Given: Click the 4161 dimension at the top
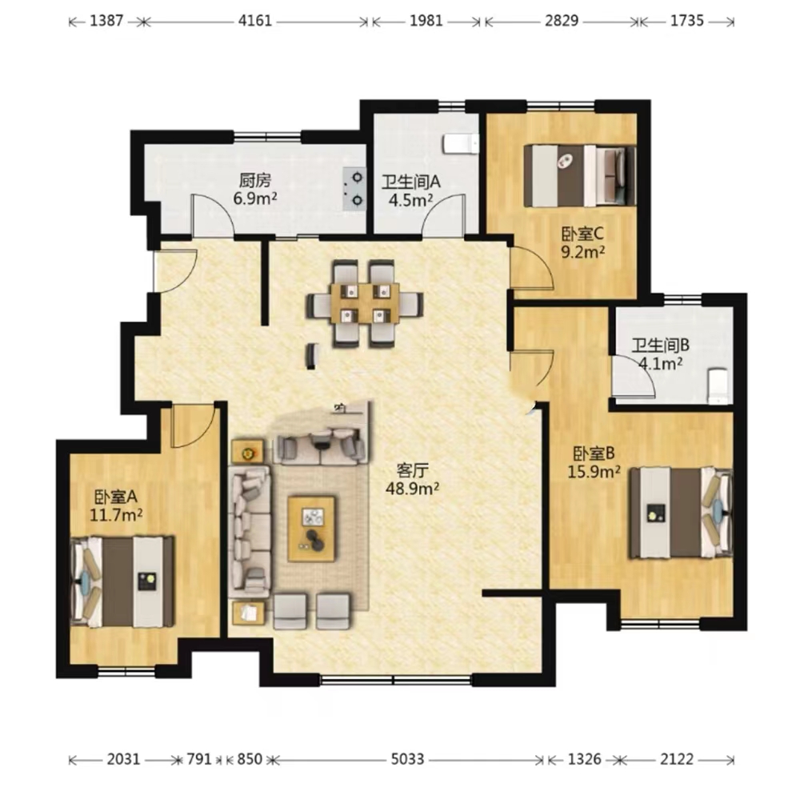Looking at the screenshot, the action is tap(255, 21).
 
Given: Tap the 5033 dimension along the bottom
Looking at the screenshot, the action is tap(408, 759).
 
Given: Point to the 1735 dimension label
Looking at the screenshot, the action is tap(686, 21).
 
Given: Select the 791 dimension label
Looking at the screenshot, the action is tap(199, 759).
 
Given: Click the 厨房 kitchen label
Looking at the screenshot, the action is tap(255, 180).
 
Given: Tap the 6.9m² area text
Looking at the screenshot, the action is tap(255, 198).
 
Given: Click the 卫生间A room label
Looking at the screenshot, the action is tap(410, 182).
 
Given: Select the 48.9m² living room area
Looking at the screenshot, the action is tap(412, 488).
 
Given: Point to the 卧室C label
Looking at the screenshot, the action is tap(582, 234).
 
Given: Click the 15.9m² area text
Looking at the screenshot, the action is tap(594, 472).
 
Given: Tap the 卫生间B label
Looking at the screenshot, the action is tap(661, 346).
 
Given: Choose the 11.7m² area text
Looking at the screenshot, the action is tap(116, 515).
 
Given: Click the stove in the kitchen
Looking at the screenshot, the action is tap(354, 190).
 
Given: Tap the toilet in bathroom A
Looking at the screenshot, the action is tap(462, 144).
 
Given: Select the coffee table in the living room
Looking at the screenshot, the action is tap(311, 529).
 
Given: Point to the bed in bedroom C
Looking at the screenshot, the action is tap(580, 176).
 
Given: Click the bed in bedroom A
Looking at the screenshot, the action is tap(122, 581).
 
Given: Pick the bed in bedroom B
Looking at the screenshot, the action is tap(680, 513).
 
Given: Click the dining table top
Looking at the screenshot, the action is tap(365, 303).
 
